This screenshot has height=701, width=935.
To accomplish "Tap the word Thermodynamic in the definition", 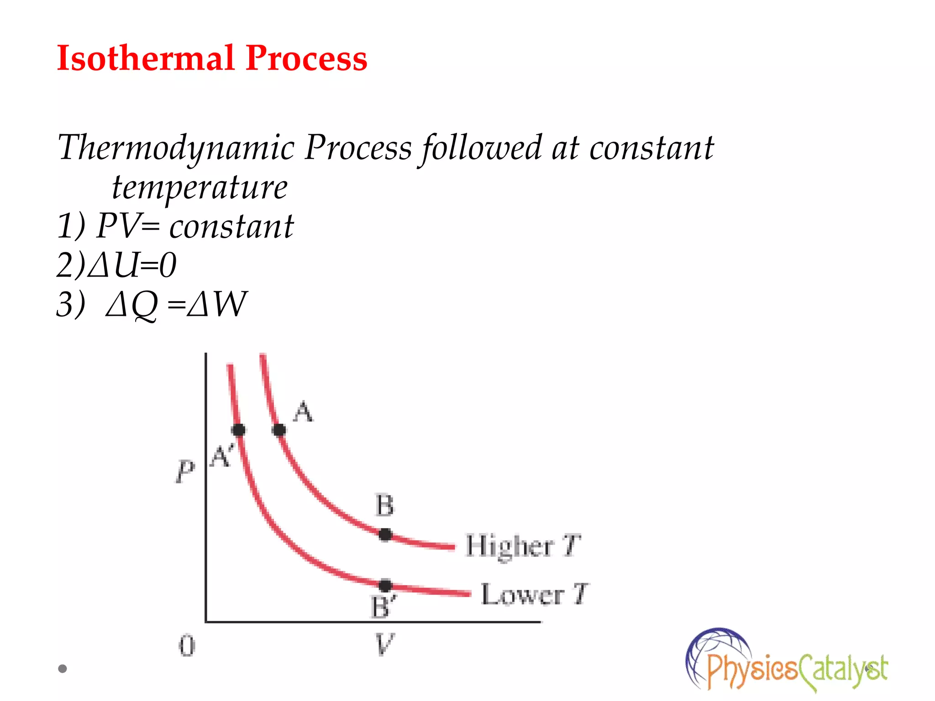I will (x=176, y=148).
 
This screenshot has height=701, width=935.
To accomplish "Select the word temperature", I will (x=200, y=187).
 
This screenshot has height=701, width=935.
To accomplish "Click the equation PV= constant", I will (x=195, y=226).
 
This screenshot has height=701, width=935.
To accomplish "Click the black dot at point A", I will (x=279, y=430).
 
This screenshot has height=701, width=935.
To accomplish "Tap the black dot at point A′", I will (x=238, y=430).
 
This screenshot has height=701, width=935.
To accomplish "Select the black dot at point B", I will (x=385, y=534).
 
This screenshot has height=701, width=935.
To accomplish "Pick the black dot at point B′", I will (x=385, y=586).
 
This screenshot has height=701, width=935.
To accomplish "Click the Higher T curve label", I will (x=523, y=546).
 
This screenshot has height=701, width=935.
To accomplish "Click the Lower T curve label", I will (x=534, y=594).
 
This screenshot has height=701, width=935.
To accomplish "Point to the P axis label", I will (x=185, y=471).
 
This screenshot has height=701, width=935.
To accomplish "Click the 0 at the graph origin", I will (x=187, y=646).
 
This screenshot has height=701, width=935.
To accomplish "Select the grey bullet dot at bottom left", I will (x=63, y=669).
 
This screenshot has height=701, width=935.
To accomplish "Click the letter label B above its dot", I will (x=384, y=506).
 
